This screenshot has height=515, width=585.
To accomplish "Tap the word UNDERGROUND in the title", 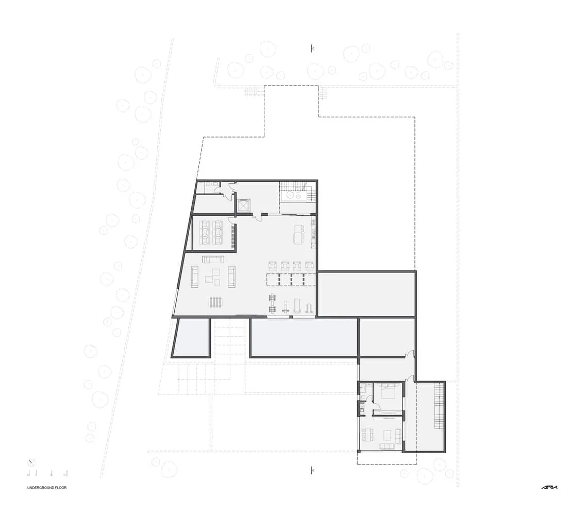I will tap(40, 487).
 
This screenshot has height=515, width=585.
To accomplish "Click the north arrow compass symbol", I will tap(31, 462).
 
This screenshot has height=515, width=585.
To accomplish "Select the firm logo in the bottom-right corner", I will tap(549, 487).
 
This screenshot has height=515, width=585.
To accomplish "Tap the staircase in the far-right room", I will tap(438, 406).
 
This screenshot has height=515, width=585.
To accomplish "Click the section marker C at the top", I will tap(312, 48).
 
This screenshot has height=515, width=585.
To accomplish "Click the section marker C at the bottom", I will tap(312, 470).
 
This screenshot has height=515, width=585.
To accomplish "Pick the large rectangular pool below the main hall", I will tap(304, 337).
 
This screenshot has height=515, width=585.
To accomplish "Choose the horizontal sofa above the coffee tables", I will tap(213, 259).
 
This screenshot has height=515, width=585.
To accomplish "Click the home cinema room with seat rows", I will tap(213, 234).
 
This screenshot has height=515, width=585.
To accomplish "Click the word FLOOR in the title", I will tap(61, 487).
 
